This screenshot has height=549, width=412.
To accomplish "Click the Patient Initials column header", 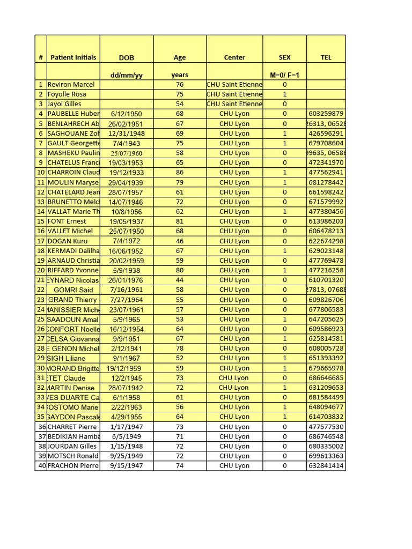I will (73, 57).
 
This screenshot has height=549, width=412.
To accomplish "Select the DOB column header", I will (127, 57).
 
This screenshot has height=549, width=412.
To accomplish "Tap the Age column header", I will (180, 57).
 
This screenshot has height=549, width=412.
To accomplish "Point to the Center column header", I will (234, 57).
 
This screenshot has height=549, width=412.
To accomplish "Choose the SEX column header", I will (285, 57).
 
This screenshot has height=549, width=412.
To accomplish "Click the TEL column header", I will (326, 57).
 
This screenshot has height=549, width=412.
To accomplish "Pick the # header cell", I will (41, 57).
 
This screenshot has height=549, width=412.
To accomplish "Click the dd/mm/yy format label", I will (127, 75).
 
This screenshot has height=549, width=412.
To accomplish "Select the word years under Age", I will (180, 75).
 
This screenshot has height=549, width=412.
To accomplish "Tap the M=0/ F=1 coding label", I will (285, 75).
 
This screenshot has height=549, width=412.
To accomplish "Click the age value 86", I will (180, 173).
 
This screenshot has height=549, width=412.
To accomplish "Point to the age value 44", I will (180, 280).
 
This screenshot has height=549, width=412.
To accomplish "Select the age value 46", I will (180, 241).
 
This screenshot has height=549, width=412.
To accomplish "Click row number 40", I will (41, 466).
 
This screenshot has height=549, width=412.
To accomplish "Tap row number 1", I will (41, 84).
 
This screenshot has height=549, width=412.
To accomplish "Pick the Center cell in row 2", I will (234, 94).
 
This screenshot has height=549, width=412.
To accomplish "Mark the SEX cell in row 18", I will (285, 251).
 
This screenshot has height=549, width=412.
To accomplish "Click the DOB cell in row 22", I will (127, 290).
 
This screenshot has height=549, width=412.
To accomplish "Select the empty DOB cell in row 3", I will (127, 104).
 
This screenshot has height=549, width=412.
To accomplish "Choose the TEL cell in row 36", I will (326, 427).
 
